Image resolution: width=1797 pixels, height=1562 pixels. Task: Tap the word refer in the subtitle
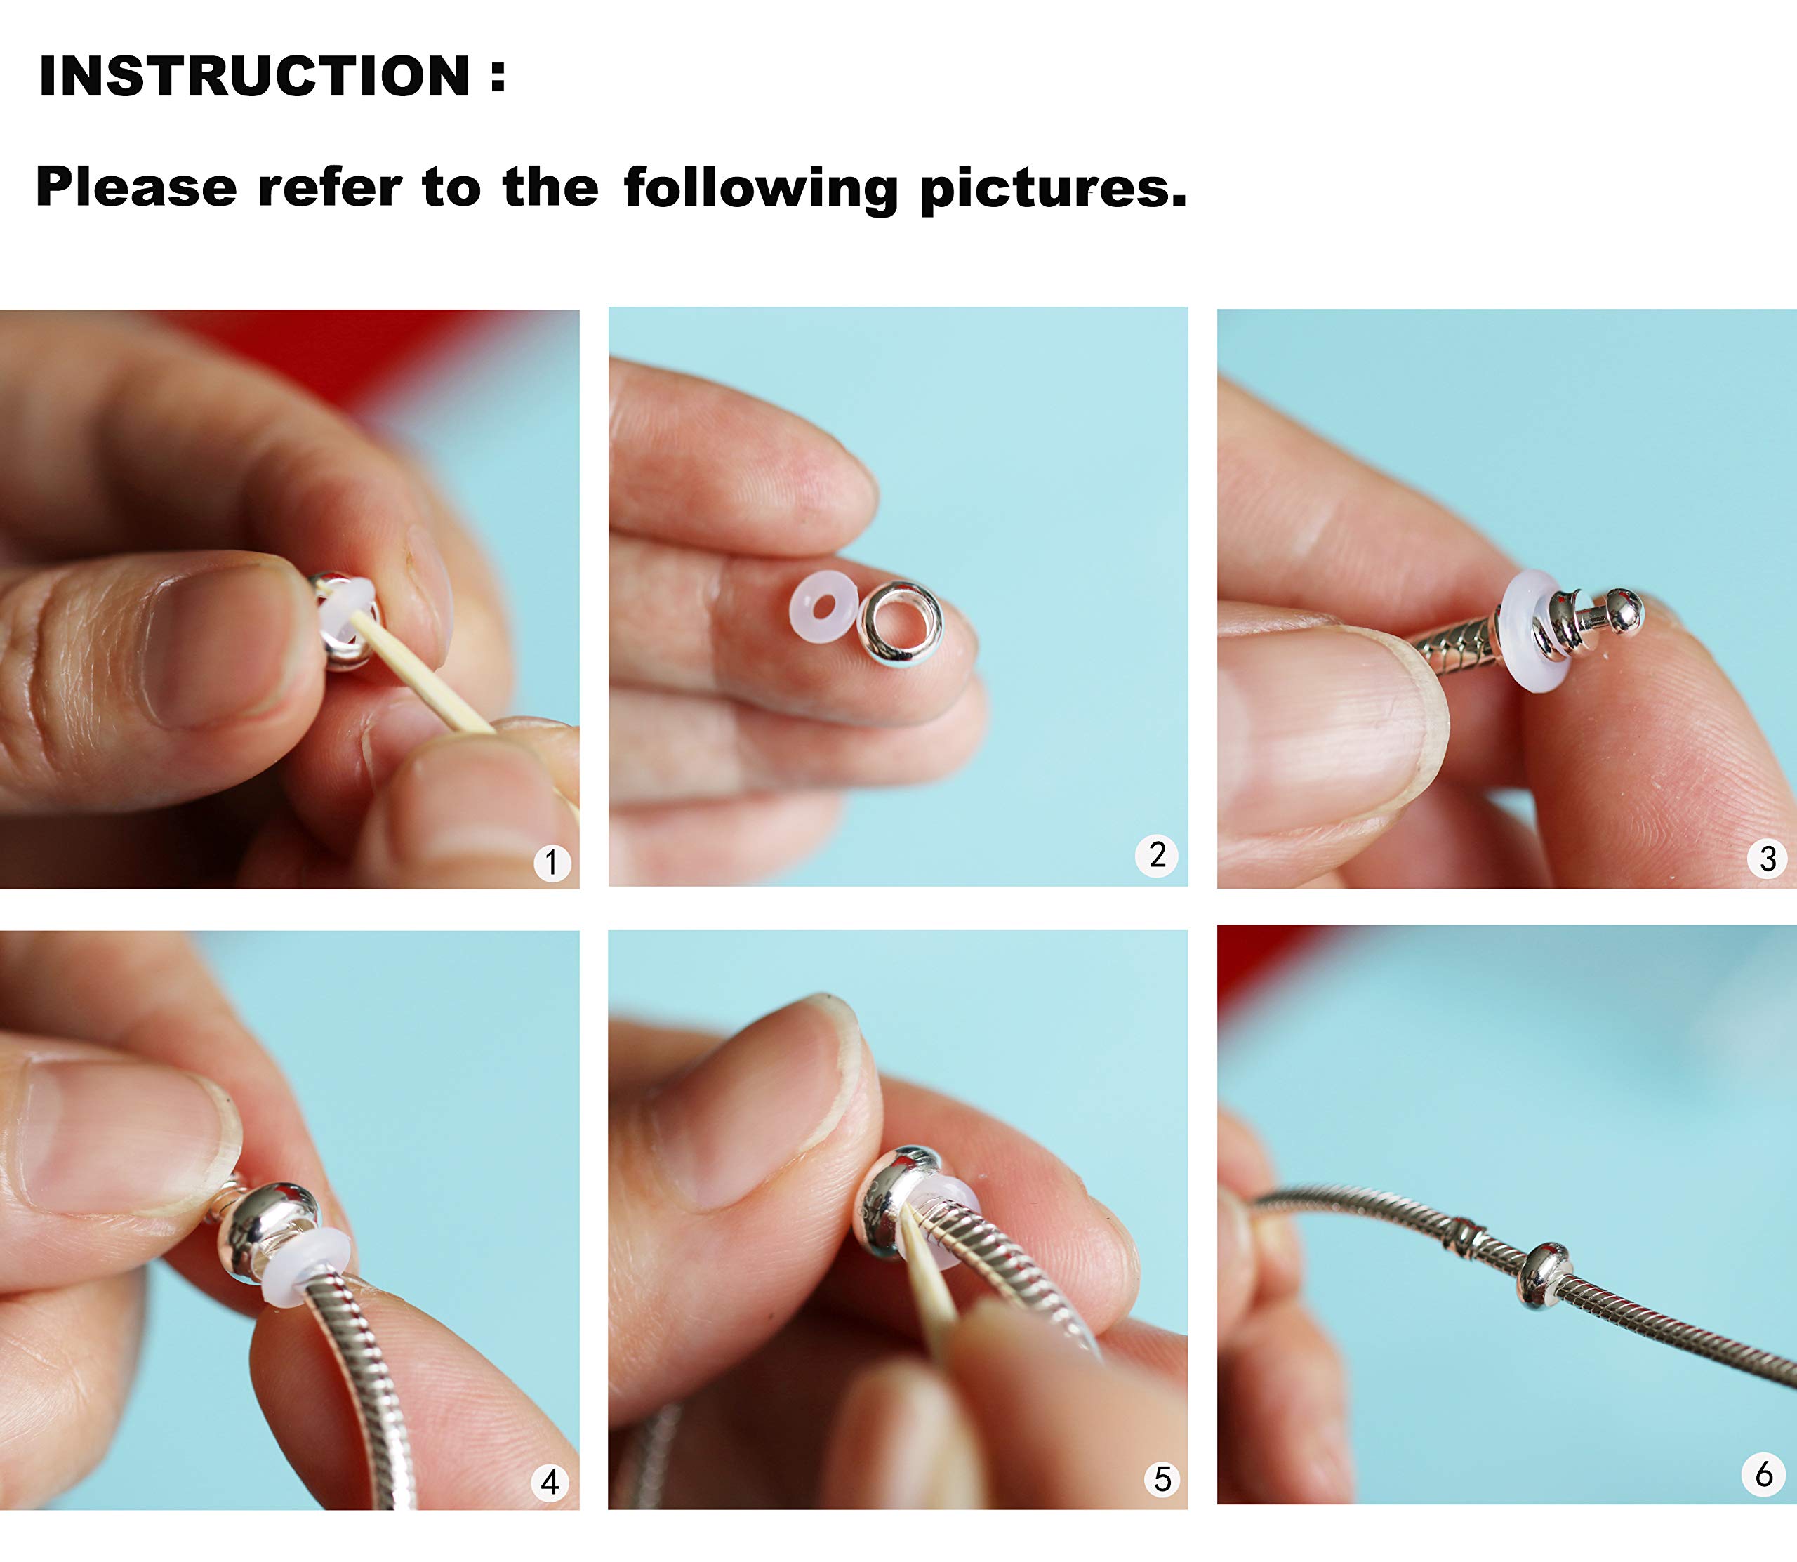pyautogui.click(x=329, y=187)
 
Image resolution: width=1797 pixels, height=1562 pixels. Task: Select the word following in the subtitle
pyautogui.click(x=761, y=188)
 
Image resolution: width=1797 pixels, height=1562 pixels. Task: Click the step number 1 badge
pyautogui.click(x=552, y=863)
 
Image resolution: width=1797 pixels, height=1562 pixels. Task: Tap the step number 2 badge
pyautogui.click(x=1156, y=855)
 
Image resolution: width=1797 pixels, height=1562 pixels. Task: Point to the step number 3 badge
pyautogui.click(x=1768, y=859)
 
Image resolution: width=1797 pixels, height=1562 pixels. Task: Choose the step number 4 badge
pyautogui.click(x=550, y=1482)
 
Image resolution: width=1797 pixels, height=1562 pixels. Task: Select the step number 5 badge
pyautogui.click(x=1162, y=1479)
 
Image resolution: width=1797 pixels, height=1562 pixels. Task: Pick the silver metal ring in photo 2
pyautogui.click(x=900, y=624)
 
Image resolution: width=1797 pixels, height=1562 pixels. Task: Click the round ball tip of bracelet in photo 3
pyautogui.click(x=1623, y=611)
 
